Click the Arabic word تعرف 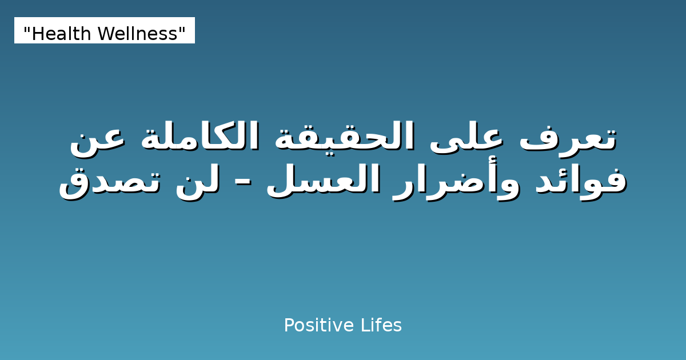click(x=568, y=137)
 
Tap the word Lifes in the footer click(x=381, y=326)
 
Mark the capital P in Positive click(x=288, y=326)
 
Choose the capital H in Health click(x=37, y=34)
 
